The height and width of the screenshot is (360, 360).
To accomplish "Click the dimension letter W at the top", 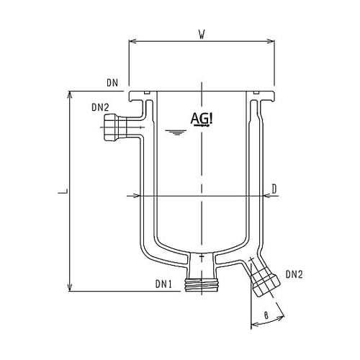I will [x=202, y=33].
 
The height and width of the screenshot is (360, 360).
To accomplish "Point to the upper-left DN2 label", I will [x=101, y=108].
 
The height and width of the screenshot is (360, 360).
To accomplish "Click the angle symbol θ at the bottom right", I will [x=267, y=314].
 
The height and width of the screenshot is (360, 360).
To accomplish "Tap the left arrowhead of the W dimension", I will [x=131, y=41].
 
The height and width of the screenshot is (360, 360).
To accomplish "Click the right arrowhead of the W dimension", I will [x=274, y=41].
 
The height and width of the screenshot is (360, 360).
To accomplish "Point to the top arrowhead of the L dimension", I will [x=70, y=94].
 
